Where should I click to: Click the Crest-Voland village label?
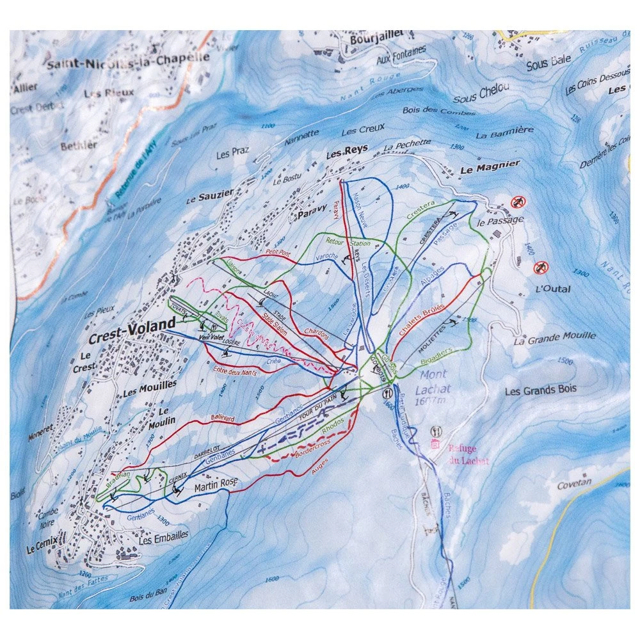[x=132, y=326]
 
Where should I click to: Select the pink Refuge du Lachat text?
[x=468, y=454]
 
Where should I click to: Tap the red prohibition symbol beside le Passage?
[x=518, y=203]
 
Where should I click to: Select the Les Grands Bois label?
[x=540, y=389]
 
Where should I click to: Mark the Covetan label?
[x=574, y=485]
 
